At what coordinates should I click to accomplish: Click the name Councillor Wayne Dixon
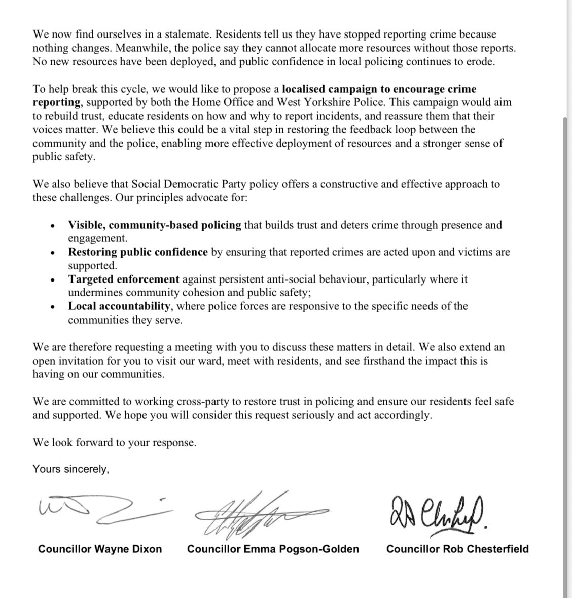100,549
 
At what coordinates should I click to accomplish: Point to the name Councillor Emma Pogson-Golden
273,549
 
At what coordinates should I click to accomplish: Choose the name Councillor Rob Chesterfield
457,549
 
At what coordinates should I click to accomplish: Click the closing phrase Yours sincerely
70,469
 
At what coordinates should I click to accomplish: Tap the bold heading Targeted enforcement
124,279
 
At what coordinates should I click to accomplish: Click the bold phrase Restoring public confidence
138,252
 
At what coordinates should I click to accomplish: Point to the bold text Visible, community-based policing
155,225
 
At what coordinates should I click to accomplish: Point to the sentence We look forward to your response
114,442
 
